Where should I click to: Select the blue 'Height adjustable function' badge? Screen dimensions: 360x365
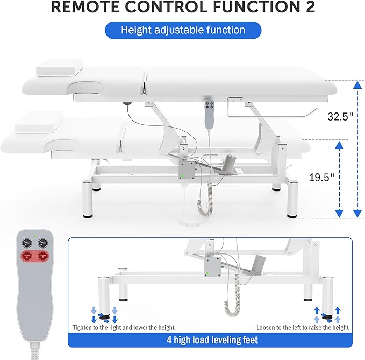pyautogui.click(x=182, y=31)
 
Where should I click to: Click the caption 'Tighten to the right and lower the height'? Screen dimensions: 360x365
pyautogui.click(x=124, y=327)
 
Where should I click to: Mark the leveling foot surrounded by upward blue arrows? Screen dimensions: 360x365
pyautogui.click(x=326, y=315)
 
